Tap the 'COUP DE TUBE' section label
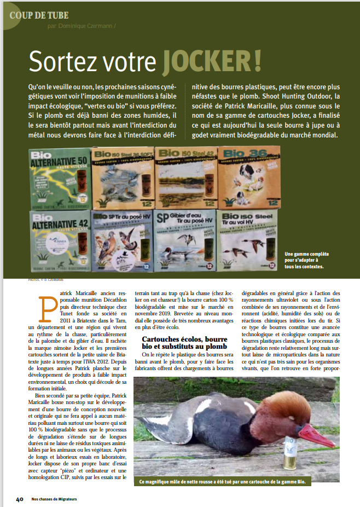pos(38,14)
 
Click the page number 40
pos(19,499)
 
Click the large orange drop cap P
pos(48,307)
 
